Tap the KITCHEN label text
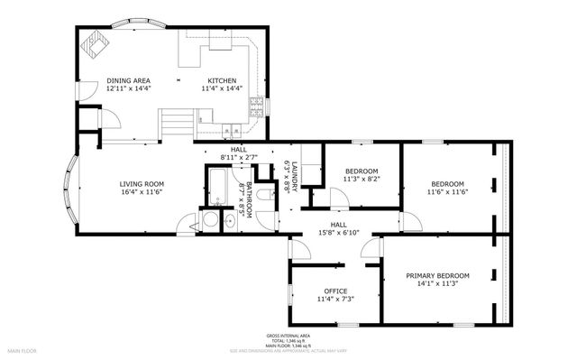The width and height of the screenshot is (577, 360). coord(222,80)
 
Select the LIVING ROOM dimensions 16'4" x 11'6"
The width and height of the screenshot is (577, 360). coord(142,192)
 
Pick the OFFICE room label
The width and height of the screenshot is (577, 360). coord(335,291)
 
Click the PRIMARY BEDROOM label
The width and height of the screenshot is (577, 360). coord(437,275)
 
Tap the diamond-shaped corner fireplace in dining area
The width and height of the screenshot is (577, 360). coord(94,42)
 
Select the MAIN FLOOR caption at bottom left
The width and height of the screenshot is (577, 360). coord(22,348)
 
